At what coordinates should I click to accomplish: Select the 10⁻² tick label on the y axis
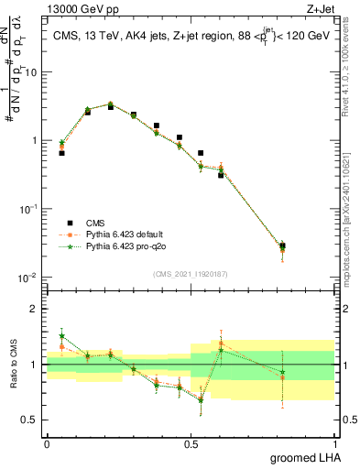point(27,278)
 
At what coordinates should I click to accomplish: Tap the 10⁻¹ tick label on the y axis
point(27,209)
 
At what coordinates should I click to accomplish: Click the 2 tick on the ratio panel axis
point(32,309)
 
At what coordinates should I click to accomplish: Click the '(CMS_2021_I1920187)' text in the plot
point(190,274)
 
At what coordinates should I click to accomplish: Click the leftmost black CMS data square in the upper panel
point(61,153)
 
